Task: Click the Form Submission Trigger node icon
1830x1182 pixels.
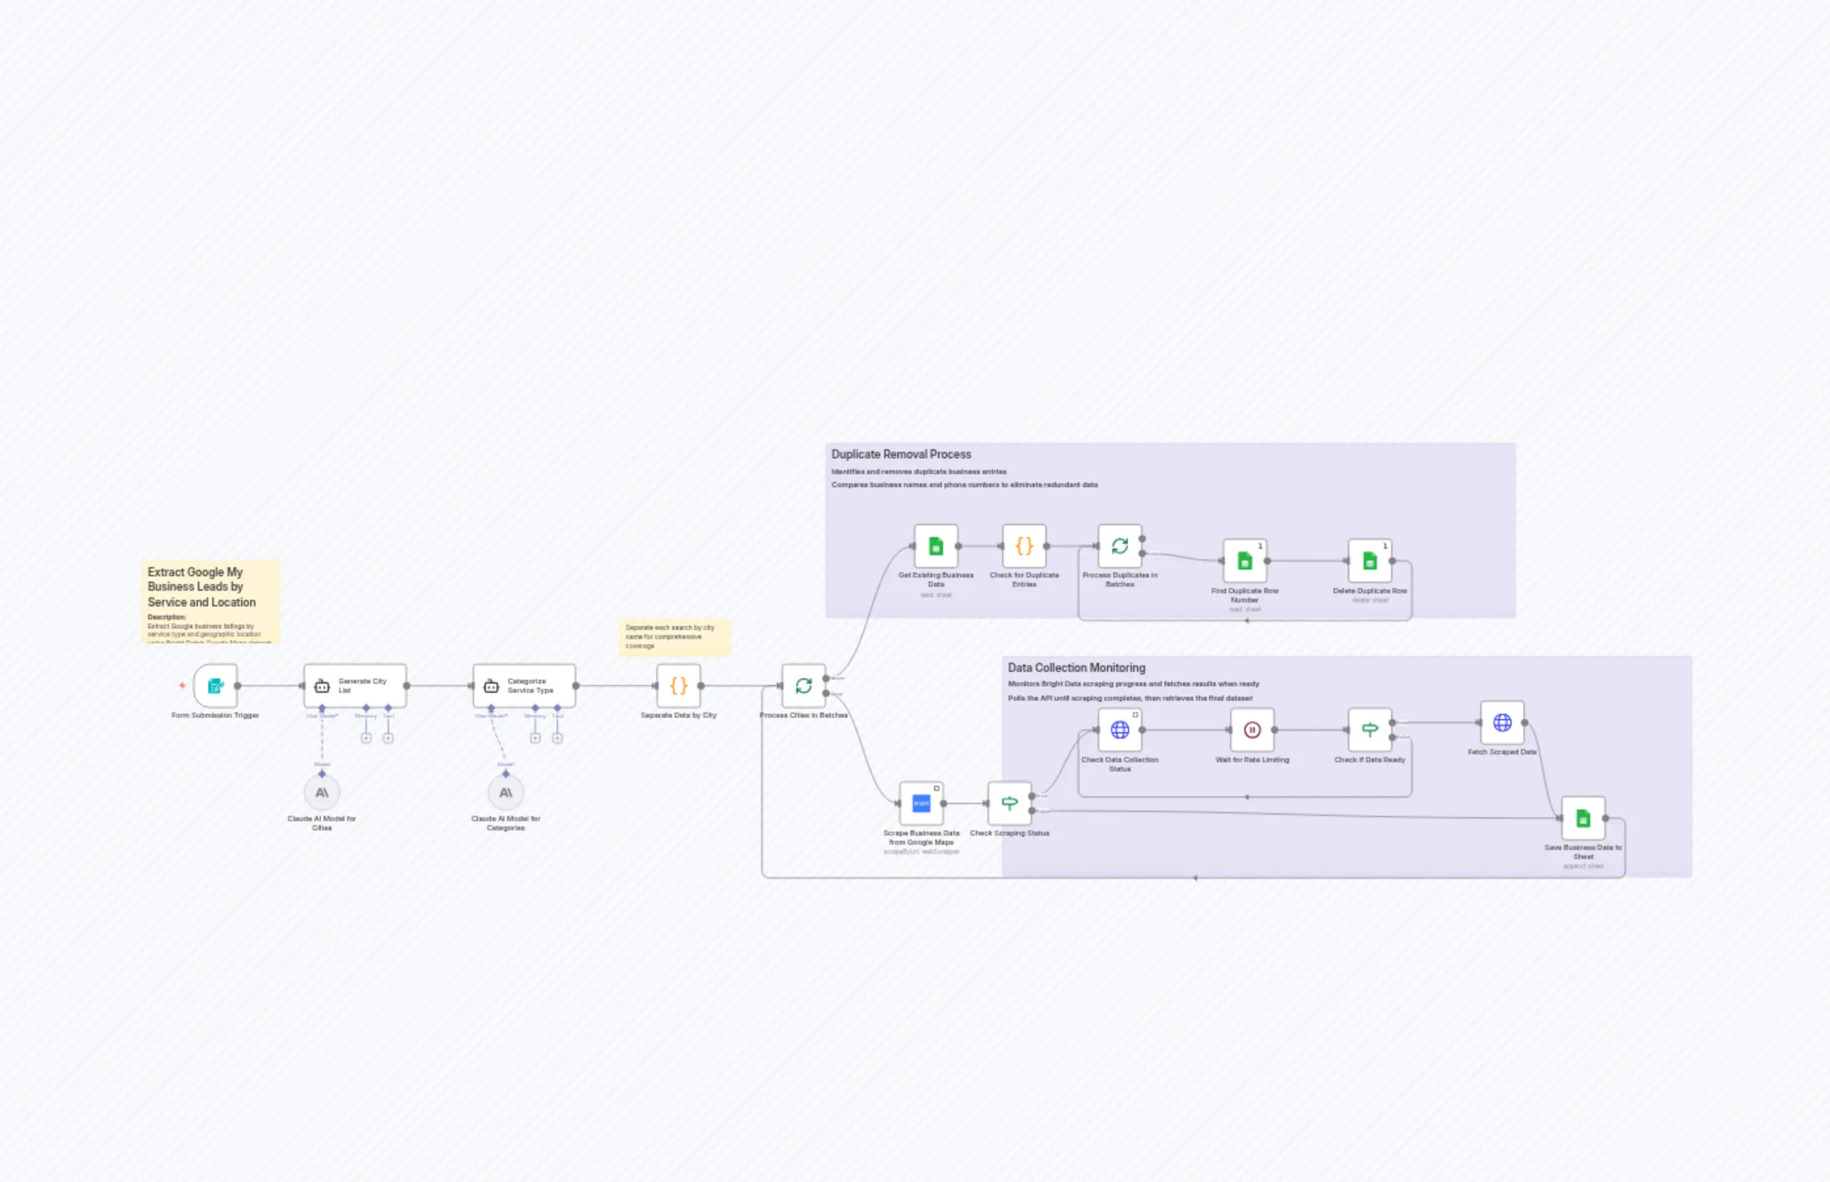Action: [x=215, y=686]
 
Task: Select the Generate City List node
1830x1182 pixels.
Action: [x=354, y=686]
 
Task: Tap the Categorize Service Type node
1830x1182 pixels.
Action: [x=524, y=686]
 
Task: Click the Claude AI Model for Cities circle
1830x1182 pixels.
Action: [x=322, y=792]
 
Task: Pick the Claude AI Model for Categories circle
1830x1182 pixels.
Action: [x=506, y=792]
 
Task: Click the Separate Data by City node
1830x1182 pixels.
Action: [x=679, y=686]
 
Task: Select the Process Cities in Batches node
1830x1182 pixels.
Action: [x=804, y=686]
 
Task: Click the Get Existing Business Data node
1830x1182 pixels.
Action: [x=936, y=545]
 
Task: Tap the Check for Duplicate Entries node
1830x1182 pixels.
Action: [x=1024, y=545]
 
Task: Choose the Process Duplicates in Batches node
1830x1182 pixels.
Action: [x=1120, y=545]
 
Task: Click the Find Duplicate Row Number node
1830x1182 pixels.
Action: [x=1245, y=561]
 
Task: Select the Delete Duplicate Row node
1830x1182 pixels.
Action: [x=1370, y=561]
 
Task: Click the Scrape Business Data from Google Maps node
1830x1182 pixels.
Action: [x=921, y=803]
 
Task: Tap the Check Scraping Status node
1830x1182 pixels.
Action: [x=1009, y=803]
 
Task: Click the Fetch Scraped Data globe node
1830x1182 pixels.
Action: [x=1503, y=722]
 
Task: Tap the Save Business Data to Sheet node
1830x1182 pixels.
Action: [x=1584, y=818]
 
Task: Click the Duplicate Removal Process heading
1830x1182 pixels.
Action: [x=901, y=454]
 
